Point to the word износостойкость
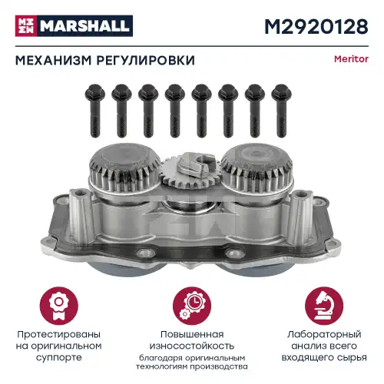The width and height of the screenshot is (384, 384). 192,346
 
